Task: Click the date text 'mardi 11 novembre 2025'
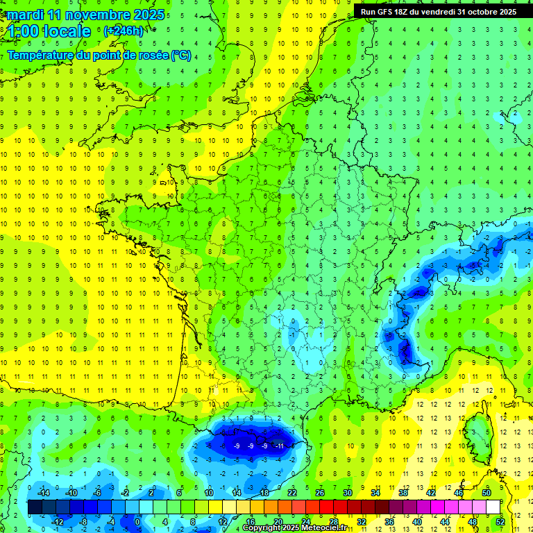pyautogui.click(x=86, y=15)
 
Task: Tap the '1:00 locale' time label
pyautogui.click(x=49, y=31)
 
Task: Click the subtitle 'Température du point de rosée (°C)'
pyautogui.click(x=100, y=56)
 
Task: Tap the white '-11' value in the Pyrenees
pyautogui.click(x=280, y=446)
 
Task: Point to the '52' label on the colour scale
pyautogui.click(x=500, y=521)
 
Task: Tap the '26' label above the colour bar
pyautogui.click(x=320, y=493)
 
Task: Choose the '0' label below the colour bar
pyautogui.click(x=137, y=521)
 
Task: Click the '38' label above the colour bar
pyautogui.click(x=403, y=493)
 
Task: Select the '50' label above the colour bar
pyautogui.click(x=487, y=493)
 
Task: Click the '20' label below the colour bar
pyautogui.click(x=278, y=521)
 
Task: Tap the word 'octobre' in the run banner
pyautogui.click(x=480, y=12)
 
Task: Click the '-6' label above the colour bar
pyautogui.click(x=98, y=493)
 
